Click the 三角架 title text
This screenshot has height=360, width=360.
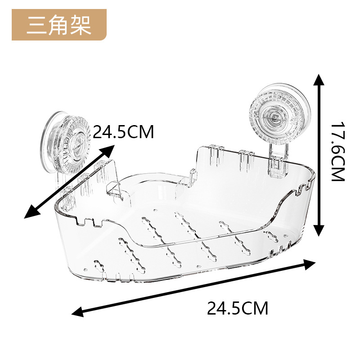58,25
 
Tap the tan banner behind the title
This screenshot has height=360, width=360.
97,25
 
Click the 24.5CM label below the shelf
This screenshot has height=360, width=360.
237,309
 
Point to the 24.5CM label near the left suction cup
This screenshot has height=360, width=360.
123,132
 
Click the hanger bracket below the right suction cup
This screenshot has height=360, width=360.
277,160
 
